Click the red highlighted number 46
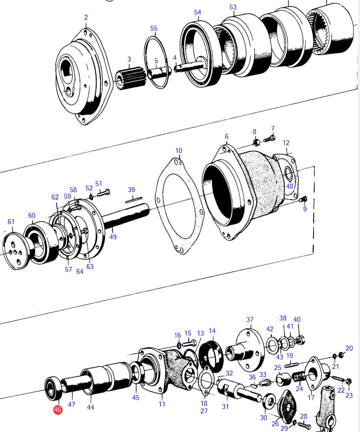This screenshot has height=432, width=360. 57,409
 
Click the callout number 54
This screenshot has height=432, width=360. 198,12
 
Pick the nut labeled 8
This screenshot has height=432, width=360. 256,142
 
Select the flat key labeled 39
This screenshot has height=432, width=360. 134,199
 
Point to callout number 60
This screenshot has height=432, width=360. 32,215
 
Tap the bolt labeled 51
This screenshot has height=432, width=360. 104,193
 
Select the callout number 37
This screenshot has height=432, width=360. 250,319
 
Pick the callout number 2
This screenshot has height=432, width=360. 86,17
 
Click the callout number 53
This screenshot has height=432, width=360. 233,7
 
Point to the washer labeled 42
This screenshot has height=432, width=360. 272,344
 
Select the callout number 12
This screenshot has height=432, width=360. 286,143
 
